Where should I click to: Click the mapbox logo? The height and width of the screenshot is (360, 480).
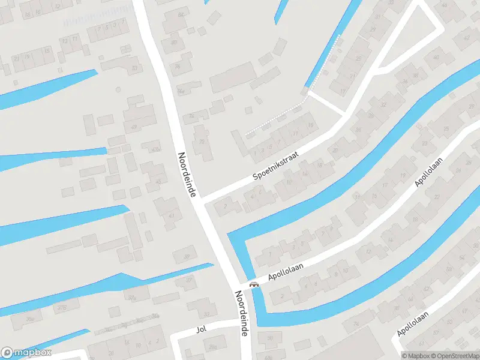tap(26, 353)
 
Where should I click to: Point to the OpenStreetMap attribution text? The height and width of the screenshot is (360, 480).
tap(455, 356)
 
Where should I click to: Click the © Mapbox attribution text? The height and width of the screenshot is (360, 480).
tap(416, 356)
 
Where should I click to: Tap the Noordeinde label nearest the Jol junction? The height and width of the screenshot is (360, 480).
tap(241, 313)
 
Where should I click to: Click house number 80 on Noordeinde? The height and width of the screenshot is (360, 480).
tap(174, 42)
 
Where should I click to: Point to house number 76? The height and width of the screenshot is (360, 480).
tap(178, 67)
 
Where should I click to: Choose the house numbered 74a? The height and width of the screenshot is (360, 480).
tap(181, 92)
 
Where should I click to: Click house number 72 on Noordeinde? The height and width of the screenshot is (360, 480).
tap(202, 142)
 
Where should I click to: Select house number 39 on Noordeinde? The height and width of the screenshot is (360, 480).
tap(187, 256)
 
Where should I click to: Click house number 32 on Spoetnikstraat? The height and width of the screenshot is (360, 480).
tap(383, 105)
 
